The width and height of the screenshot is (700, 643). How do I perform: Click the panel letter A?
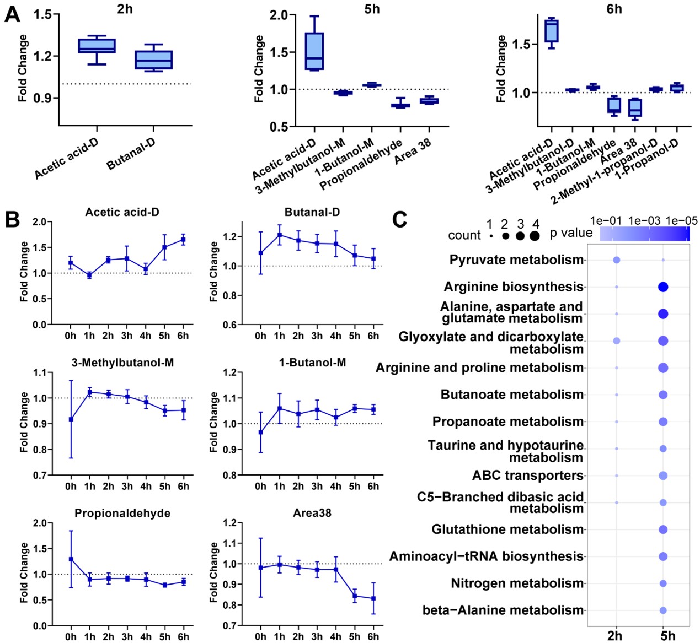[x=12, y=14]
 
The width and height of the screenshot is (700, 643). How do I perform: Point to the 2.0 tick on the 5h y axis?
[x=279, y=15]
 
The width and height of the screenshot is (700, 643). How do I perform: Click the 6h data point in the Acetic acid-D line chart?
[x=183, y=240]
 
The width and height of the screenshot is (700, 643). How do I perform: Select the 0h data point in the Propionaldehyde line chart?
[x=71, y=559]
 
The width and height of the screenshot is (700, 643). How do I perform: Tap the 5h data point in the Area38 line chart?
[x=354, y=596]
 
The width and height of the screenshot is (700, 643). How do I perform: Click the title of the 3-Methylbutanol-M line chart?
[x=122, y=363]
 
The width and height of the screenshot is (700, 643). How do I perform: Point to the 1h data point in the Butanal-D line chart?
[x=280, y=235]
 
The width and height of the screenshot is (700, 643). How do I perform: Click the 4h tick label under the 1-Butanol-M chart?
[x=336, y=487]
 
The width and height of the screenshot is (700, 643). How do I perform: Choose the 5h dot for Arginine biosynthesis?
[x=663, y=287]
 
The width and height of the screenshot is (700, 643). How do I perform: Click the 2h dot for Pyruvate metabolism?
[x=617, y=260]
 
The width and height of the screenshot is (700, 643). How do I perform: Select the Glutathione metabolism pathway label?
[x=507, y=529]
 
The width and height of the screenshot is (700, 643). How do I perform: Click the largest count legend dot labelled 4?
[x=534, y=236]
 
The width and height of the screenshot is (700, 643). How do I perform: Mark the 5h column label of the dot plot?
[x=667, y=636]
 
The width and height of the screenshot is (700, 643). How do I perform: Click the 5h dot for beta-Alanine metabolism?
[x=663, y=610]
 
